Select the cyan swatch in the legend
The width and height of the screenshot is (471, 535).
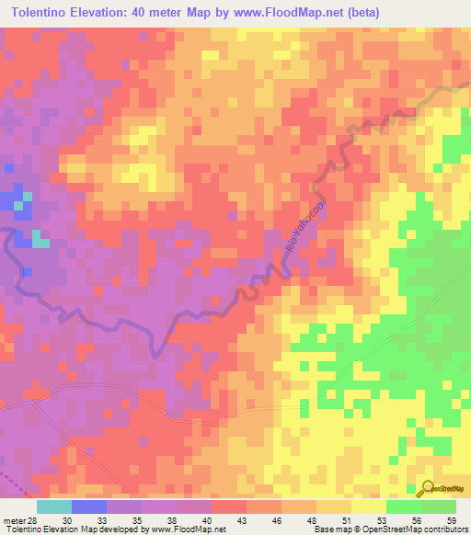54,507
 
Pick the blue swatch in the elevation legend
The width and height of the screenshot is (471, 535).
89,507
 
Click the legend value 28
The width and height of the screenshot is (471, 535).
31,520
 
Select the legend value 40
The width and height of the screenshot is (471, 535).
193,520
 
